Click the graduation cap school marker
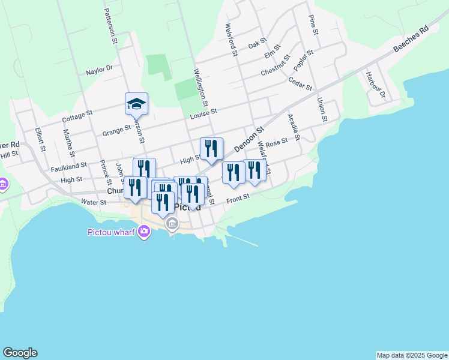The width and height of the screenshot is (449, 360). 136,103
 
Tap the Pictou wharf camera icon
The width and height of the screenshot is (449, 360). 143,232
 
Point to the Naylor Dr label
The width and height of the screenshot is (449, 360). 99,70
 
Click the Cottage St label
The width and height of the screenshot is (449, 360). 77,116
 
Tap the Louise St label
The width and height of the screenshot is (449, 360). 203,112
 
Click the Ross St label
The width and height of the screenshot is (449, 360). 277,142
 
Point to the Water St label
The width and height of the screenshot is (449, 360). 93,203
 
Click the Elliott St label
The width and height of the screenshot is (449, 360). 39,139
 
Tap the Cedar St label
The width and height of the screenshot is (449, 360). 300,83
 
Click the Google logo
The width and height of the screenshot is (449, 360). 20,353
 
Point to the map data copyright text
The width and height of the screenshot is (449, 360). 412,355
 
